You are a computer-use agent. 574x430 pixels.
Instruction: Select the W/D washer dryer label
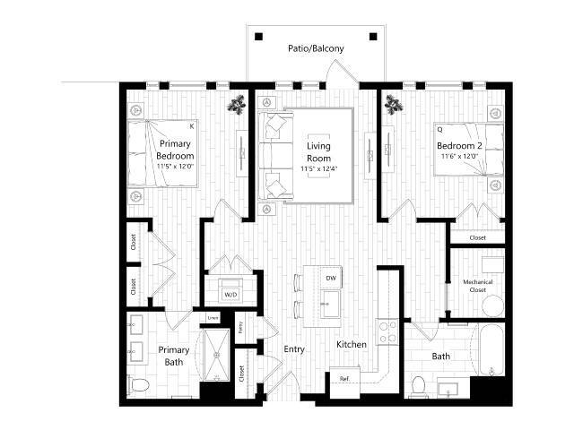click(230, 294)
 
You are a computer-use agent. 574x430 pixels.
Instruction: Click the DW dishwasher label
click(330, 278)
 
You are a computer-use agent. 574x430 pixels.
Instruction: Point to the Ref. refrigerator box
click(344, 379)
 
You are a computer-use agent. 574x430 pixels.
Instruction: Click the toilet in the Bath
click(418, 385)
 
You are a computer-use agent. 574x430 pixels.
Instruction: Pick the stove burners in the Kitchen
click(388, 332)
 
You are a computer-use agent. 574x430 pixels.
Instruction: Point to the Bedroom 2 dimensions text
click(460, 157)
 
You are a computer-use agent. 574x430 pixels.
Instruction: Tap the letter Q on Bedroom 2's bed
click(439, 128)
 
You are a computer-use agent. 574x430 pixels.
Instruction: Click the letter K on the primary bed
click(191, 127)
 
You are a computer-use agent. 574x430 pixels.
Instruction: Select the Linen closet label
click(213, 317)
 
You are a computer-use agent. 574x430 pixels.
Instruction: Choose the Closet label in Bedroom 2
click(477, 237)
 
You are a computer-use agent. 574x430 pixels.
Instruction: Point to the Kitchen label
click(350, 345)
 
